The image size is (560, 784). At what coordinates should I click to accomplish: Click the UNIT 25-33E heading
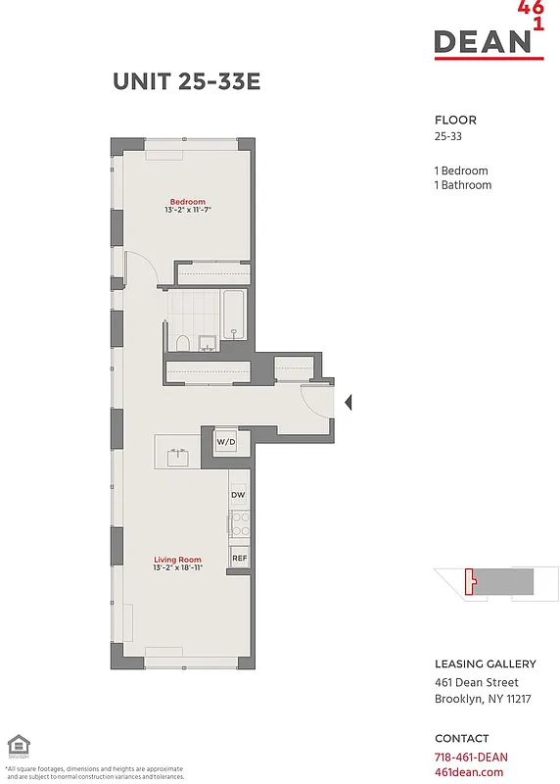coord(186,82)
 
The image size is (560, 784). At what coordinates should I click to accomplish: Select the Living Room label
coord(177,560)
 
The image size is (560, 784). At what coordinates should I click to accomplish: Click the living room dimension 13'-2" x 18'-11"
coord(177,568)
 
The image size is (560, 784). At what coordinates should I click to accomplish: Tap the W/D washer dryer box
coord(226,443)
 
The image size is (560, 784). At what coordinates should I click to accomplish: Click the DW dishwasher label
coord(238,496)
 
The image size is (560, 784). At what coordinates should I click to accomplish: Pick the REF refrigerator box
coord(239,559)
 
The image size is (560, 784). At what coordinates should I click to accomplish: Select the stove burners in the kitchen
coord(238,525)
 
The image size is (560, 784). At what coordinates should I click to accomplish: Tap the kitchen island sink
coord(178,456)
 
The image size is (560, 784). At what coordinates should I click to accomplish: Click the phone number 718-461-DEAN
coord(471,757)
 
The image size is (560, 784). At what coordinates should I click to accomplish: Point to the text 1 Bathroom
coord(463,184)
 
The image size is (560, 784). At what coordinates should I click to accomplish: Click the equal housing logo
coord(16,745)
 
